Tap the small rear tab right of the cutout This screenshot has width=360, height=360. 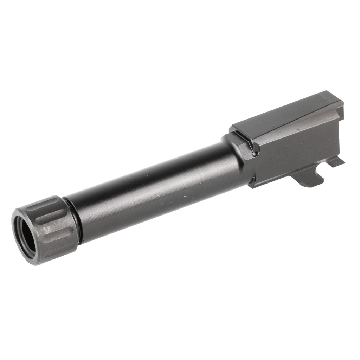pyautogui.click(x=336, y=162)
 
